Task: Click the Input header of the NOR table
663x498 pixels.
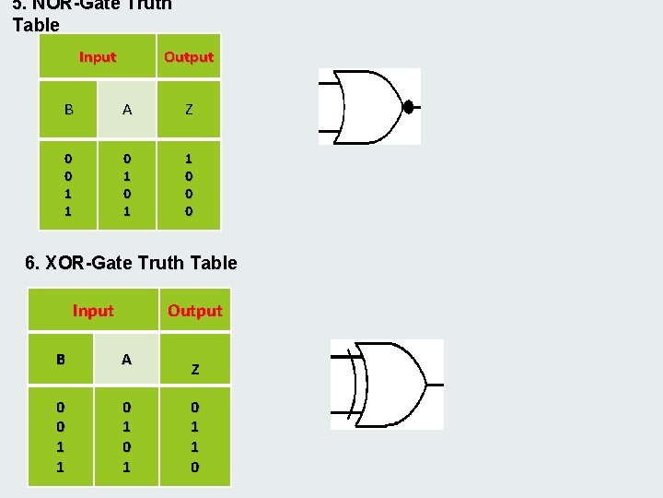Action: (x=98, y=57)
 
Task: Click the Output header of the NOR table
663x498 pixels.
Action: (x=189, y=57)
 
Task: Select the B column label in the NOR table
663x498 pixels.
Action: (x=68, y=110)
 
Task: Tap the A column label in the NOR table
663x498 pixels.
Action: (x=127, y=110)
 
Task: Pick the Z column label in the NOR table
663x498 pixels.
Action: (x=189, y=110)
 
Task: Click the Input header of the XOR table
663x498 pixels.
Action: (x=93, y=311)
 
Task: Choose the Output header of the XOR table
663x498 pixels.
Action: (x=195, y=311)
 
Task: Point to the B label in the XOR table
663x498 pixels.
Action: (x=61, y=360)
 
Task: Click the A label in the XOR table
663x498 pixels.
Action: (x=127, y=360)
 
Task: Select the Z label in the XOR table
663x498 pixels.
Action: (x=195, y=370)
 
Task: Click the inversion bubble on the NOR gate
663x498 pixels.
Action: (x=408, y=107)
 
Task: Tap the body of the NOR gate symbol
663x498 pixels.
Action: (x=368, y=107)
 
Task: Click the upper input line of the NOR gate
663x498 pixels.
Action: (x=329, y=84)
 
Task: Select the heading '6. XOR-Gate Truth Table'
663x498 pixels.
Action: (x=131, y=264)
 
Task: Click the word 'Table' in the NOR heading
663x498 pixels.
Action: (x=36, y=25)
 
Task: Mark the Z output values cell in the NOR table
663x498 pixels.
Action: (x=189, y=184)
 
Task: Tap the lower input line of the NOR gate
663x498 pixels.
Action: (x=329, y=129)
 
